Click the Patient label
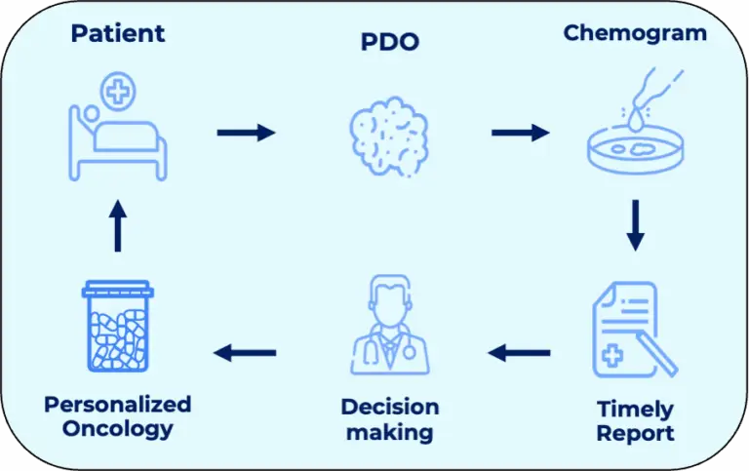[117, 33]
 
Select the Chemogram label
[635, 33]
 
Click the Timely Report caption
[635, 419]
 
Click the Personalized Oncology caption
[117, 415]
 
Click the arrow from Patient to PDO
[246, 132]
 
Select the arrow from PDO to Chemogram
[520, 132]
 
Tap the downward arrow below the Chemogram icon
[635, 224]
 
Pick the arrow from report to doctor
[520, 353]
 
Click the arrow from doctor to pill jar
[246, 353]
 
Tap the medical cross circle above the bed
[118, 93]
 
